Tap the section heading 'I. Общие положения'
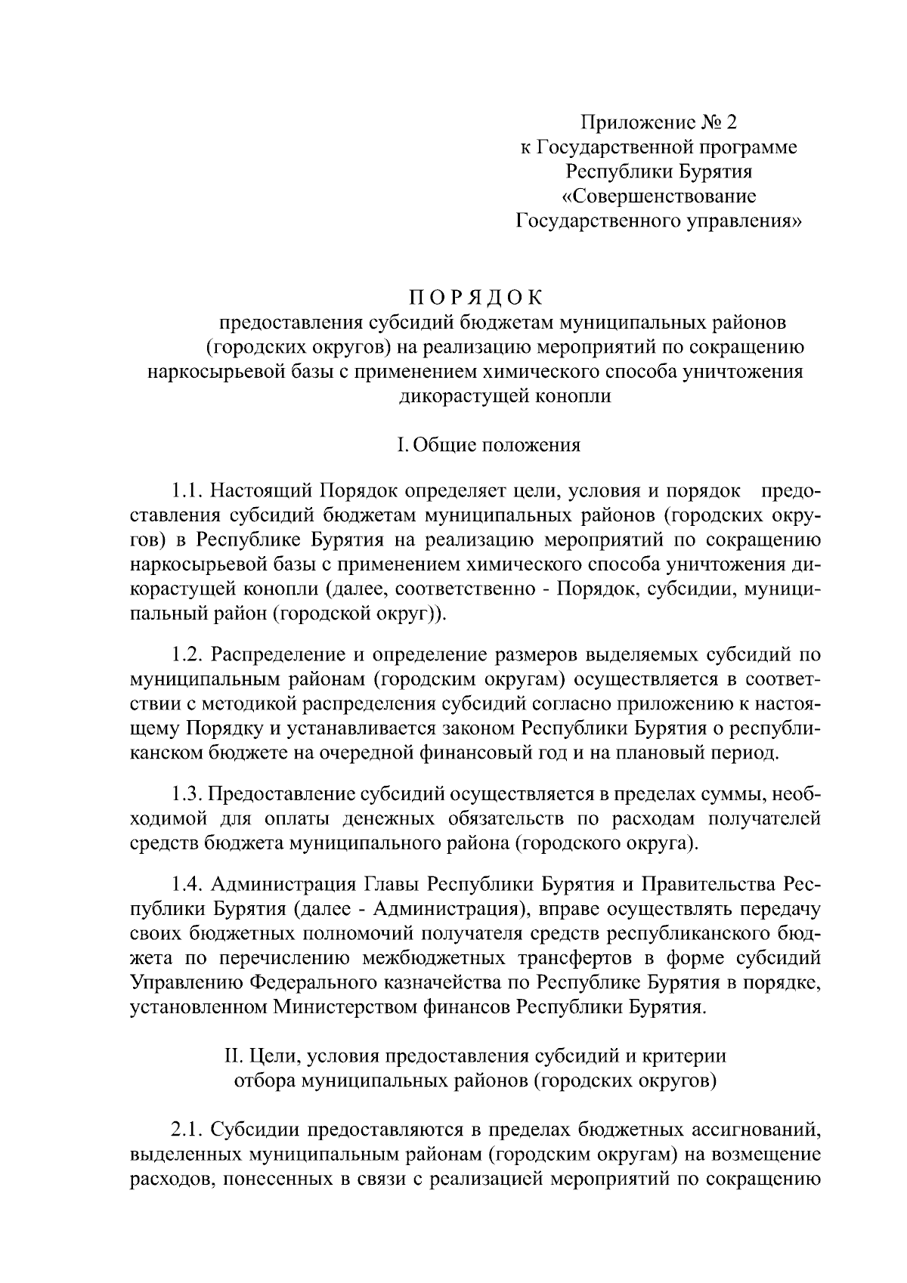(x=489, y=444)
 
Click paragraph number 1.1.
(x=187, y=492)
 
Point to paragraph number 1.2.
(x=187, y=654)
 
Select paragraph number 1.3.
(x=187, y=793)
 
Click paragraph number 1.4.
(x=187, y=884)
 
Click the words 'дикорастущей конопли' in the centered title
(x=505, y=395)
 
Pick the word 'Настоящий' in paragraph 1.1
(x=261, y=492)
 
